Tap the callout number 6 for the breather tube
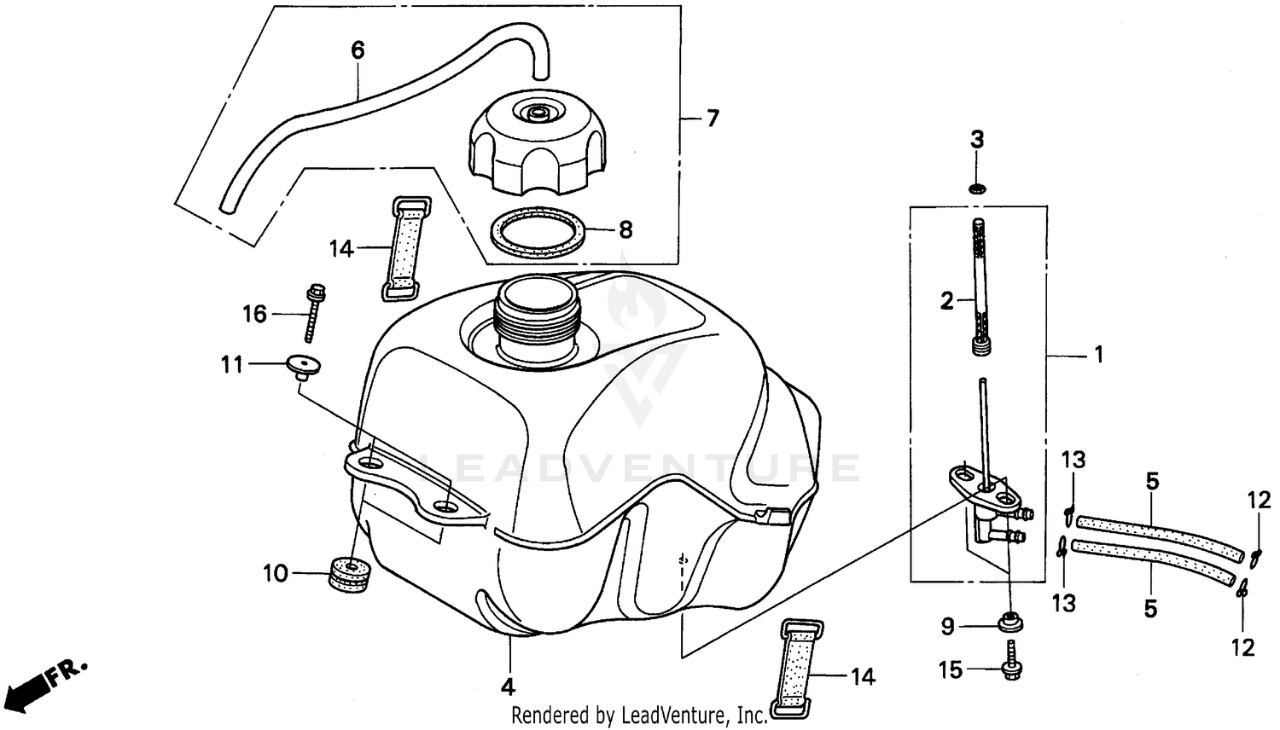pyautogui.click(x=358, y=50)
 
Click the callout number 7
pyautogui.click(x=712, y=118)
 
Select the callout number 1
pyautogui.click(x=1098, y=353)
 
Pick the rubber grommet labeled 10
pyautogui.click(x=350, y=574)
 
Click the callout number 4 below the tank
pyautogui.click(x=508, y=686)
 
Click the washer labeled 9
pyautogui.click(x=1009, y=623)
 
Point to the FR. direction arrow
pyautogui.click(x=43, y=680)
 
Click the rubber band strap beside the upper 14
pyautogui.click(x=403, y=248)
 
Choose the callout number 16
pyautogui.click(x=254, y=314)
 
